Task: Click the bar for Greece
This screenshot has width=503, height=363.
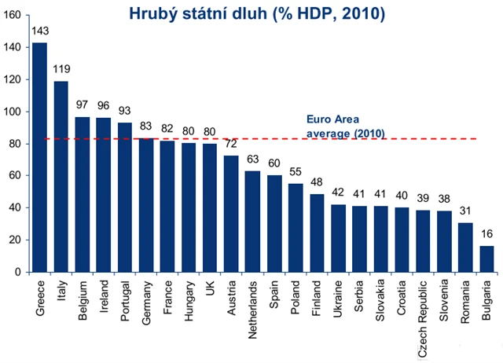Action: point(39,157)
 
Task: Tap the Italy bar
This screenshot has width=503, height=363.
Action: point(61,177)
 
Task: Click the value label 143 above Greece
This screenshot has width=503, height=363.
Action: point(39,31)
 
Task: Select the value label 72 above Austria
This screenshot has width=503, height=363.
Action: point(231,145)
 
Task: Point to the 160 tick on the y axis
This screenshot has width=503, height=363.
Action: point(13,16)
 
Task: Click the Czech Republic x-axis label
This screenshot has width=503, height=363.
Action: point(423,314)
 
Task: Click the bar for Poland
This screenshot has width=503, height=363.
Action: point(295,228)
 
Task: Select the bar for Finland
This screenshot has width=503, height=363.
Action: point(316,233)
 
